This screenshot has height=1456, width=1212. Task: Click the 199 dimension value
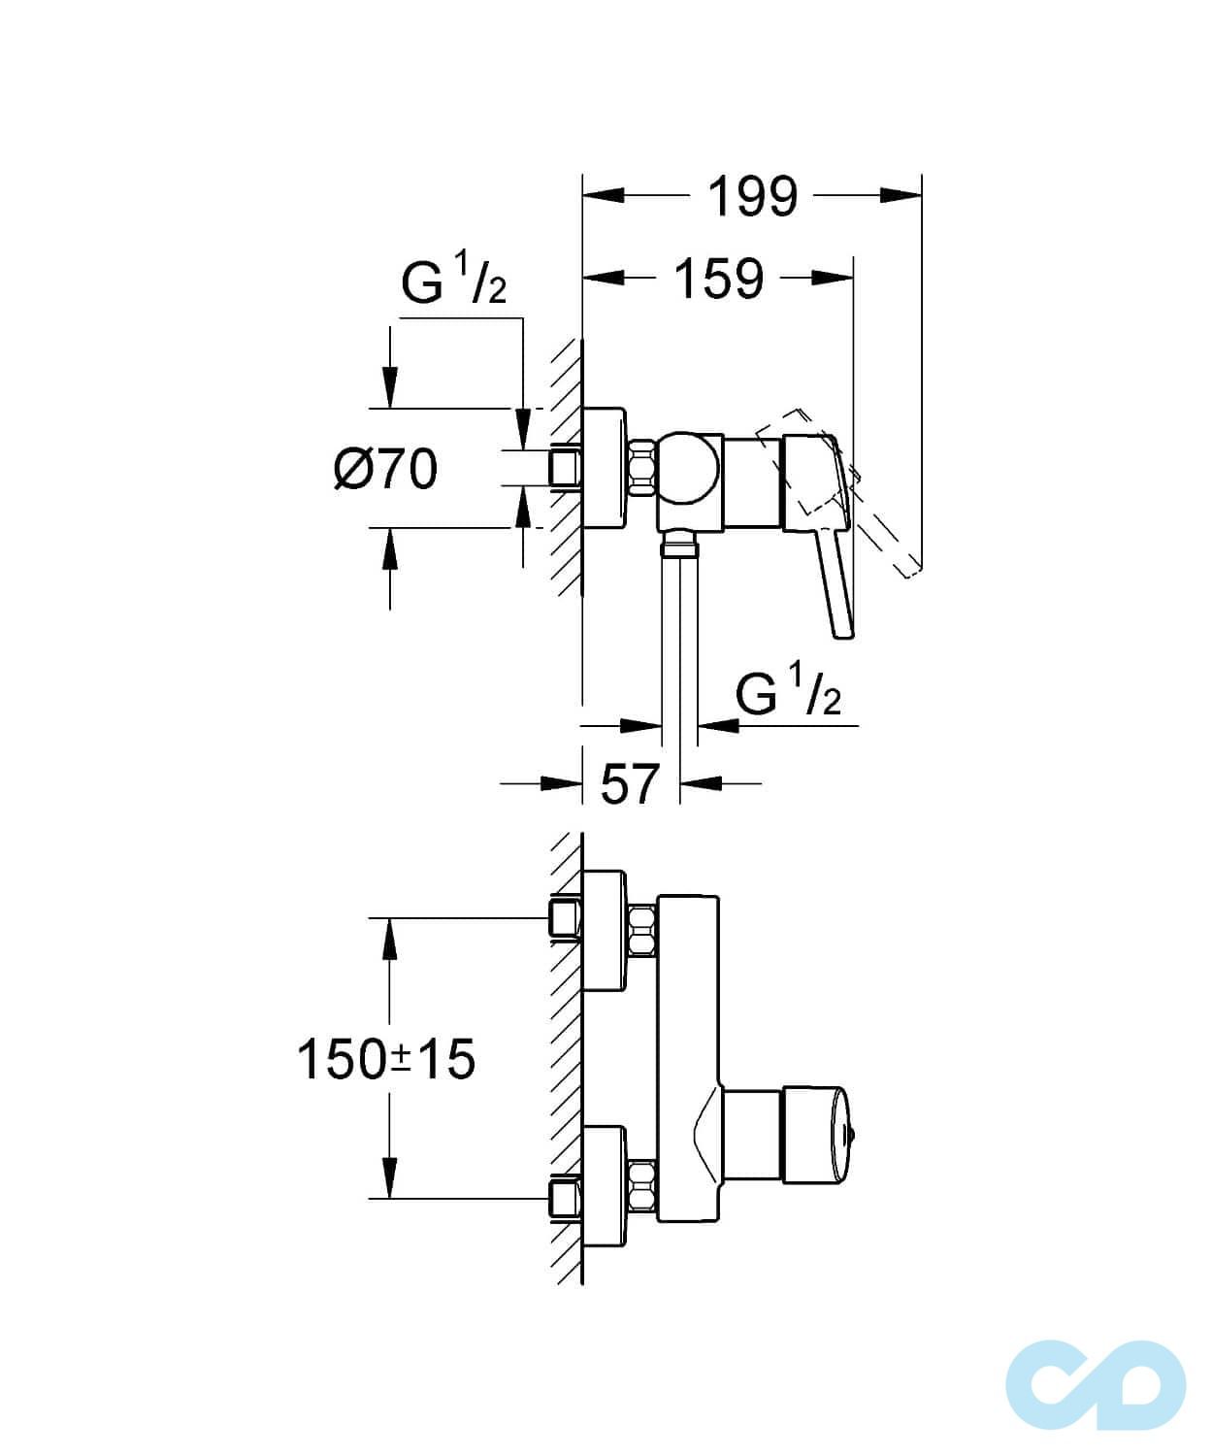[753, 197]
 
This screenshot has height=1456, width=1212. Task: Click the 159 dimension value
[719, 280]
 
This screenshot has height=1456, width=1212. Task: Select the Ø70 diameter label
[385, 470]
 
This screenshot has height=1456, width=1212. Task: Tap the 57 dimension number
[630, 784]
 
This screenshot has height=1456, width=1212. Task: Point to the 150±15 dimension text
[385, 1059]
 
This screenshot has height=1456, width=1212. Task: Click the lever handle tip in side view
[842, 626]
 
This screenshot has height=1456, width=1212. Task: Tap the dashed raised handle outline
[888, 524]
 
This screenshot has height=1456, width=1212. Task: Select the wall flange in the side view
[605, 468]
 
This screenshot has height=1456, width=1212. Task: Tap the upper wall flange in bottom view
[605, 931]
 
